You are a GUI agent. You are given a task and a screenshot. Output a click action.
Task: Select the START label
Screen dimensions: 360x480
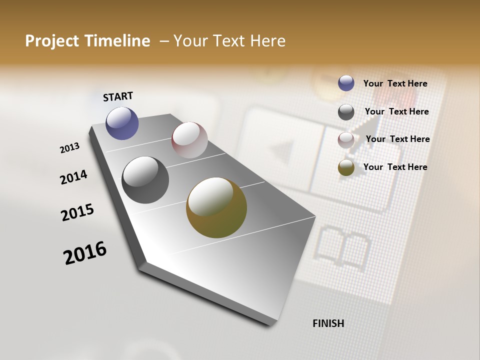click(118, 96)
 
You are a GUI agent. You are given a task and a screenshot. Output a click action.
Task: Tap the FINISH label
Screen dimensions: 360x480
click(328, 323)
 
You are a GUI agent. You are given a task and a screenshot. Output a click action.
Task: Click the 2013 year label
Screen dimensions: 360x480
click(69, 148)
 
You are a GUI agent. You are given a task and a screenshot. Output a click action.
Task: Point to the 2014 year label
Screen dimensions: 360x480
click(73, 177)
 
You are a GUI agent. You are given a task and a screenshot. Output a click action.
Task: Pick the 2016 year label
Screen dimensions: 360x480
click(85, 252)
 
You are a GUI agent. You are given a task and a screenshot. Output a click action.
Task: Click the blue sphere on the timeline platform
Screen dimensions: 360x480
click(122, 123)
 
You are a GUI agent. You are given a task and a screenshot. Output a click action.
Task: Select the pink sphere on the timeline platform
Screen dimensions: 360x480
click(189, 139)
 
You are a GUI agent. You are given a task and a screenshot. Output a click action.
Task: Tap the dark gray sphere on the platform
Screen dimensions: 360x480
click(145, 180)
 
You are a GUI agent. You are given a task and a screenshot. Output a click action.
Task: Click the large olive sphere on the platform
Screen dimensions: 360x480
click(216, 207)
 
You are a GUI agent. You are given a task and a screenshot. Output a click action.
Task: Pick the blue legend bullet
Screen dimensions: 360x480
click(346, 83)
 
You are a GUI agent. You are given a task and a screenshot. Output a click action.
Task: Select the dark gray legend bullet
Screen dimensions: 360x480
click(346, 112)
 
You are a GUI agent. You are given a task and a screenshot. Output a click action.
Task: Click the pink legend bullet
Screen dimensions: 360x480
click(346, 140)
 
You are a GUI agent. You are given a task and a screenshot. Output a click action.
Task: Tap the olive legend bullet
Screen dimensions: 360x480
click(346, 167)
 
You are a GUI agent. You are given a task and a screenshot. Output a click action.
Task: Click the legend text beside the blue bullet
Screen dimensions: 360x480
click(395, 83)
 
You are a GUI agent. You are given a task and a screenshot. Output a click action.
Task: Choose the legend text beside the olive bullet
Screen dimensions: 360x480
click(395, 167)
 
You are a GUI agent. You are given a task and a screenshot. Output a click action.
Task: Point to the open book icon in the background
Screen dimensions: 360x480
click(343, 245)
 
